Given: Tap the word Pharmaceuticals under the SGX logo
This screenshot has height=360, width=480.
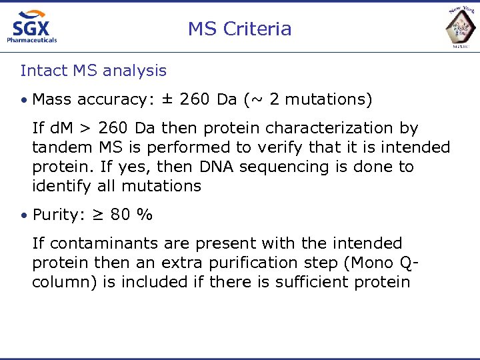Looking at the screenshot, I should [32, 40].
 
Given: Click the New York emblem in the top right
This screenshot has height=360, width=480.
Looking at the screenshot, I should [461, 27].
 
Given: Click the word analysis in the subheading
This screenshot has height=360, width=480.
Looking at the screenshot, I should [133, 70].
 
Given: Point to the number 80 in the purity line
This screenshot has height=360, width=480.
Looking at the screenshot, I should [121, 215].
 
